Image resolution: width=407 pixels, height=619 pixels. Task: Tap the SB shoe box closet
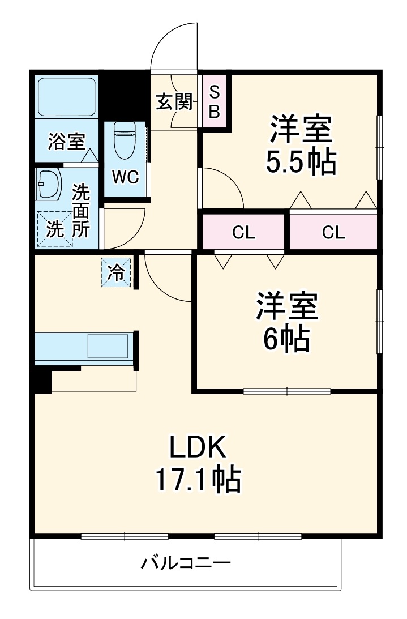pyautogui.click(x=215, y=102)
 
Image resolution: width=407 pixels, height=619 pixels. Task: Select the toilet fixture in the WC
pyautogui.click(x=124, y=140)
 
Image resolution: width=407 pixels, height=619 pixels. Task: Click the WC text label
pyautogui.click(x=125, y=177)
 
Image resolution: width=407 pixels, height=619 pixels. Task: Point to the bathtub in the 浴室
pyautogui.click(x=67, y=97)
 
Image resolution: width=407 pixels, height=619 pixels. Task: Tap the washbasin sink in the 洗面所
pyautogui.click(x=49, y=184)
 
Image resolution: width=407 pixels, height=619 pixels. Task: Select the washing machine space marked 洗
pyautogui.click(x=55, y=229)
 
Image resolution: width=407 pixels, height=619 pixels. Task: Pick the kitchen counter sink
pyautogui.click(x=108, y=345)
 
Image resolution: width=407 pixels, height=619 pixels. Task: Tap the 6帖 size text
pyautogui.click(x=285, y=339)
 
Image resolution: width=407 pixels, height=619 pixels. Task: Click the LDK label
pyautogui.click(x=199, y=448)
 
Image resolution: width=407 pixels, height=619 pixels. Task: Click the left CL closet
pyautogui.click(x=243, y=232)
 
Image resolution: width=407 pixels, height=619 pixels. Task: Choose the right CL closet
pyautogui.click(x=333, y=232)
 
